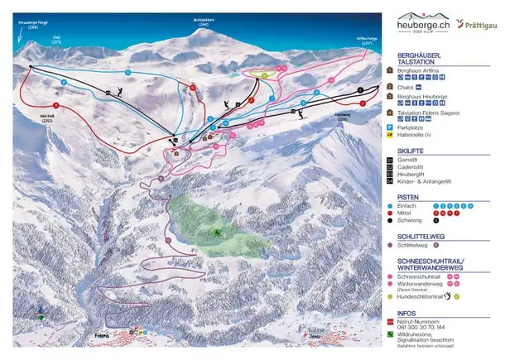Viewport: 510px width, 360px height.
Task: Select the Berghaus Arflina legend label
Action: pyautogui.click(x=419, y=73)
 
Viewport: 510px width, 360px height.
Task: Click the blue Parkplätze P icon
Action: pyautogui.click(x=389, y=127)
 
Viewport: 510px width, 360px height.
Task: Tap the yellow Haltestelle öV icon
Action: pyautogui.click(x=389, y=134)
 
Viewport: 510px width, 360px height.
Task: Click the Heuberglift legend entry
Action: pyautogui.click(x=413, y=175)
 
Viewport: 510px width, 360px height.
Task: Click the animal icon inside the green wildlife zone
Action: pyautogui.click(x=217, y=233)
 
